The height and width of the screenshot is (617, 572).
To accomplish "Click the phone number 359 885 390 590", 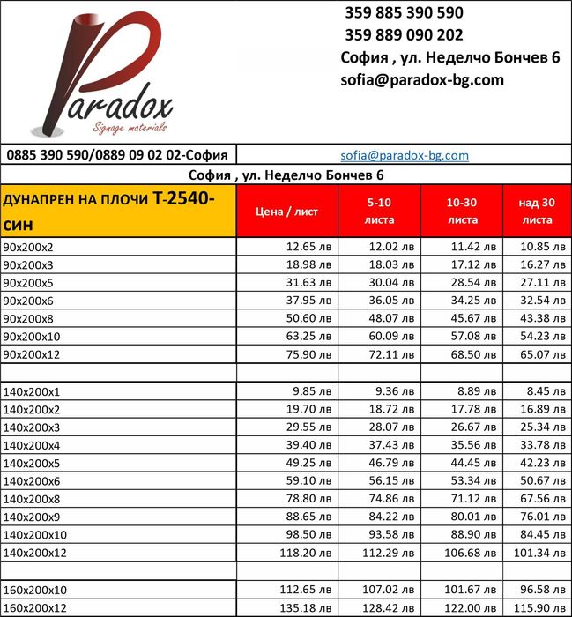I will click(401, 13).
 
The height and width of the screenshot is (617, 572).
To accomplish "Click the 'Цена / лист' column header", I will click(286, 212).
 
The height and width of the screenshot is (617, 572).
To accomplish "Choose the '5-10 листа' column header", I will click(379, 212).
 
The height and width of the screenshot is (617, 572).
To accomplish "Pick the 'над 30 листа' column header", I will click(536, 212).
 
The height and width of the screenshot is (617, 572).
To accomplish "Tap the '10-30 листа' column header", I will click(462, 212).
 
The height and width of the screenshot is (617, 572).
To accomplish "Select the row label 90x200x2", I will click(29, 247).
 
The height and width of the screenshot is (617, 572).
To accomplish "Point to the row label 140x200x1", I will click(32, 391).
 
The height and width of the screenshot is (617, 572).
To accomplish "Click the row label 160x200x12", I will click(35, 609).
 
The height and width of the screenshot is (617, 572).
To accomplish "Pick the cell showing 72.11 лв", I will click(391, 355).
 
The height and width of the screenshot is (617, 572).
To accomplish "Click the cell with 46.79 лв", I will click(391, 464).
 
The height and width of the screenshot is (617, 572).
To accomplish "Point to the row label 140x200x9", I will click(32, 517).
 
